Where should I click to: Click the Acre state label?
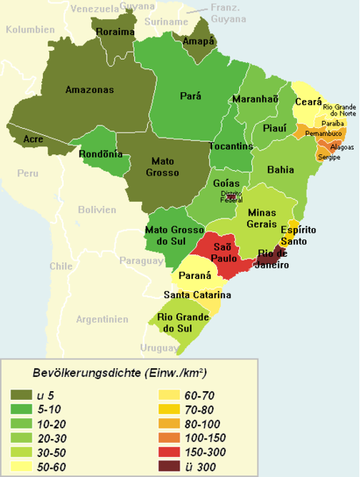[33, 138]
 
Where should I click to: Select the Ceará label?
[309, 103]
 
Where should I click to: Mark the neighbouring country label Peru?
[29, 173]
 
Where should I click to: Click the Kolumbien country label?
[29, 29]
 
